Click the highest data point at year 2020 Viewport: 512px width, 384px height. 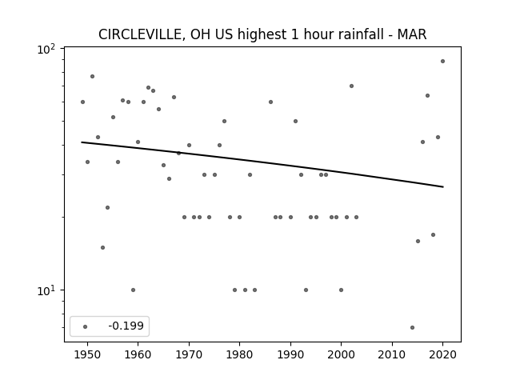coord(442,61)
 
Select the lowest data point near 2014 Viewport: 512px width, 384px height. coord(413,327)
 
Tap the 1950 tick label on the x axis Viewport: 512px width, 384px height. coord(87,354)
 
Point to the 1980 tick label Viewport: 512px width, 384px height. coord(239,354)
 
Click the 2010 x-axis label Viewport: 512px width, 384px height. coord(392,354)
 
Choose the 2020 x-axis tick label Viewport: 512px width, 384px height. coord(442,354)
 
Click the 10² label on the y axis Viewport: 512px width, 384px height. coord(46,50)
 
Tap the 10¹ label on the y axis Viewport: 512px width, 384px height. coord(46,290)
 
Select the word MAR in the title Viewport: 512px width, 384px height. coord(412,34)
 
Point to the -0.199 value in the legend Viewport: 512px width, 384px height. coord(126,326)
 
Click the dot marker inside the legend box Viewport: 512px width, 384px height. coord(86,326)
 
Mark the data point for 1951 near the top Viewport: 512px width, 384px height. coord(93,77)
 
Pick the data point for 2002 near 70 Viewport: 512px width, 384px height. coord(351,86)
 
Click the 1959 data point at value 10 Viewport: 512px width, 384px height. coord(133,290)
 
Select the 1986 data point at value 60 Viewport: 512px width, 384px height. coord(270,102)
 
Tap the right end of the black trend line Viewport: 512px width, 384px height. coord(443,186)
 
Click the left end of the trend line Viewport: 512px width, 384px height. coord(82,142)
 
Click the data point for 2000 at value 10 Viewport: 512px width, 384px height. coord(342,290)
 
